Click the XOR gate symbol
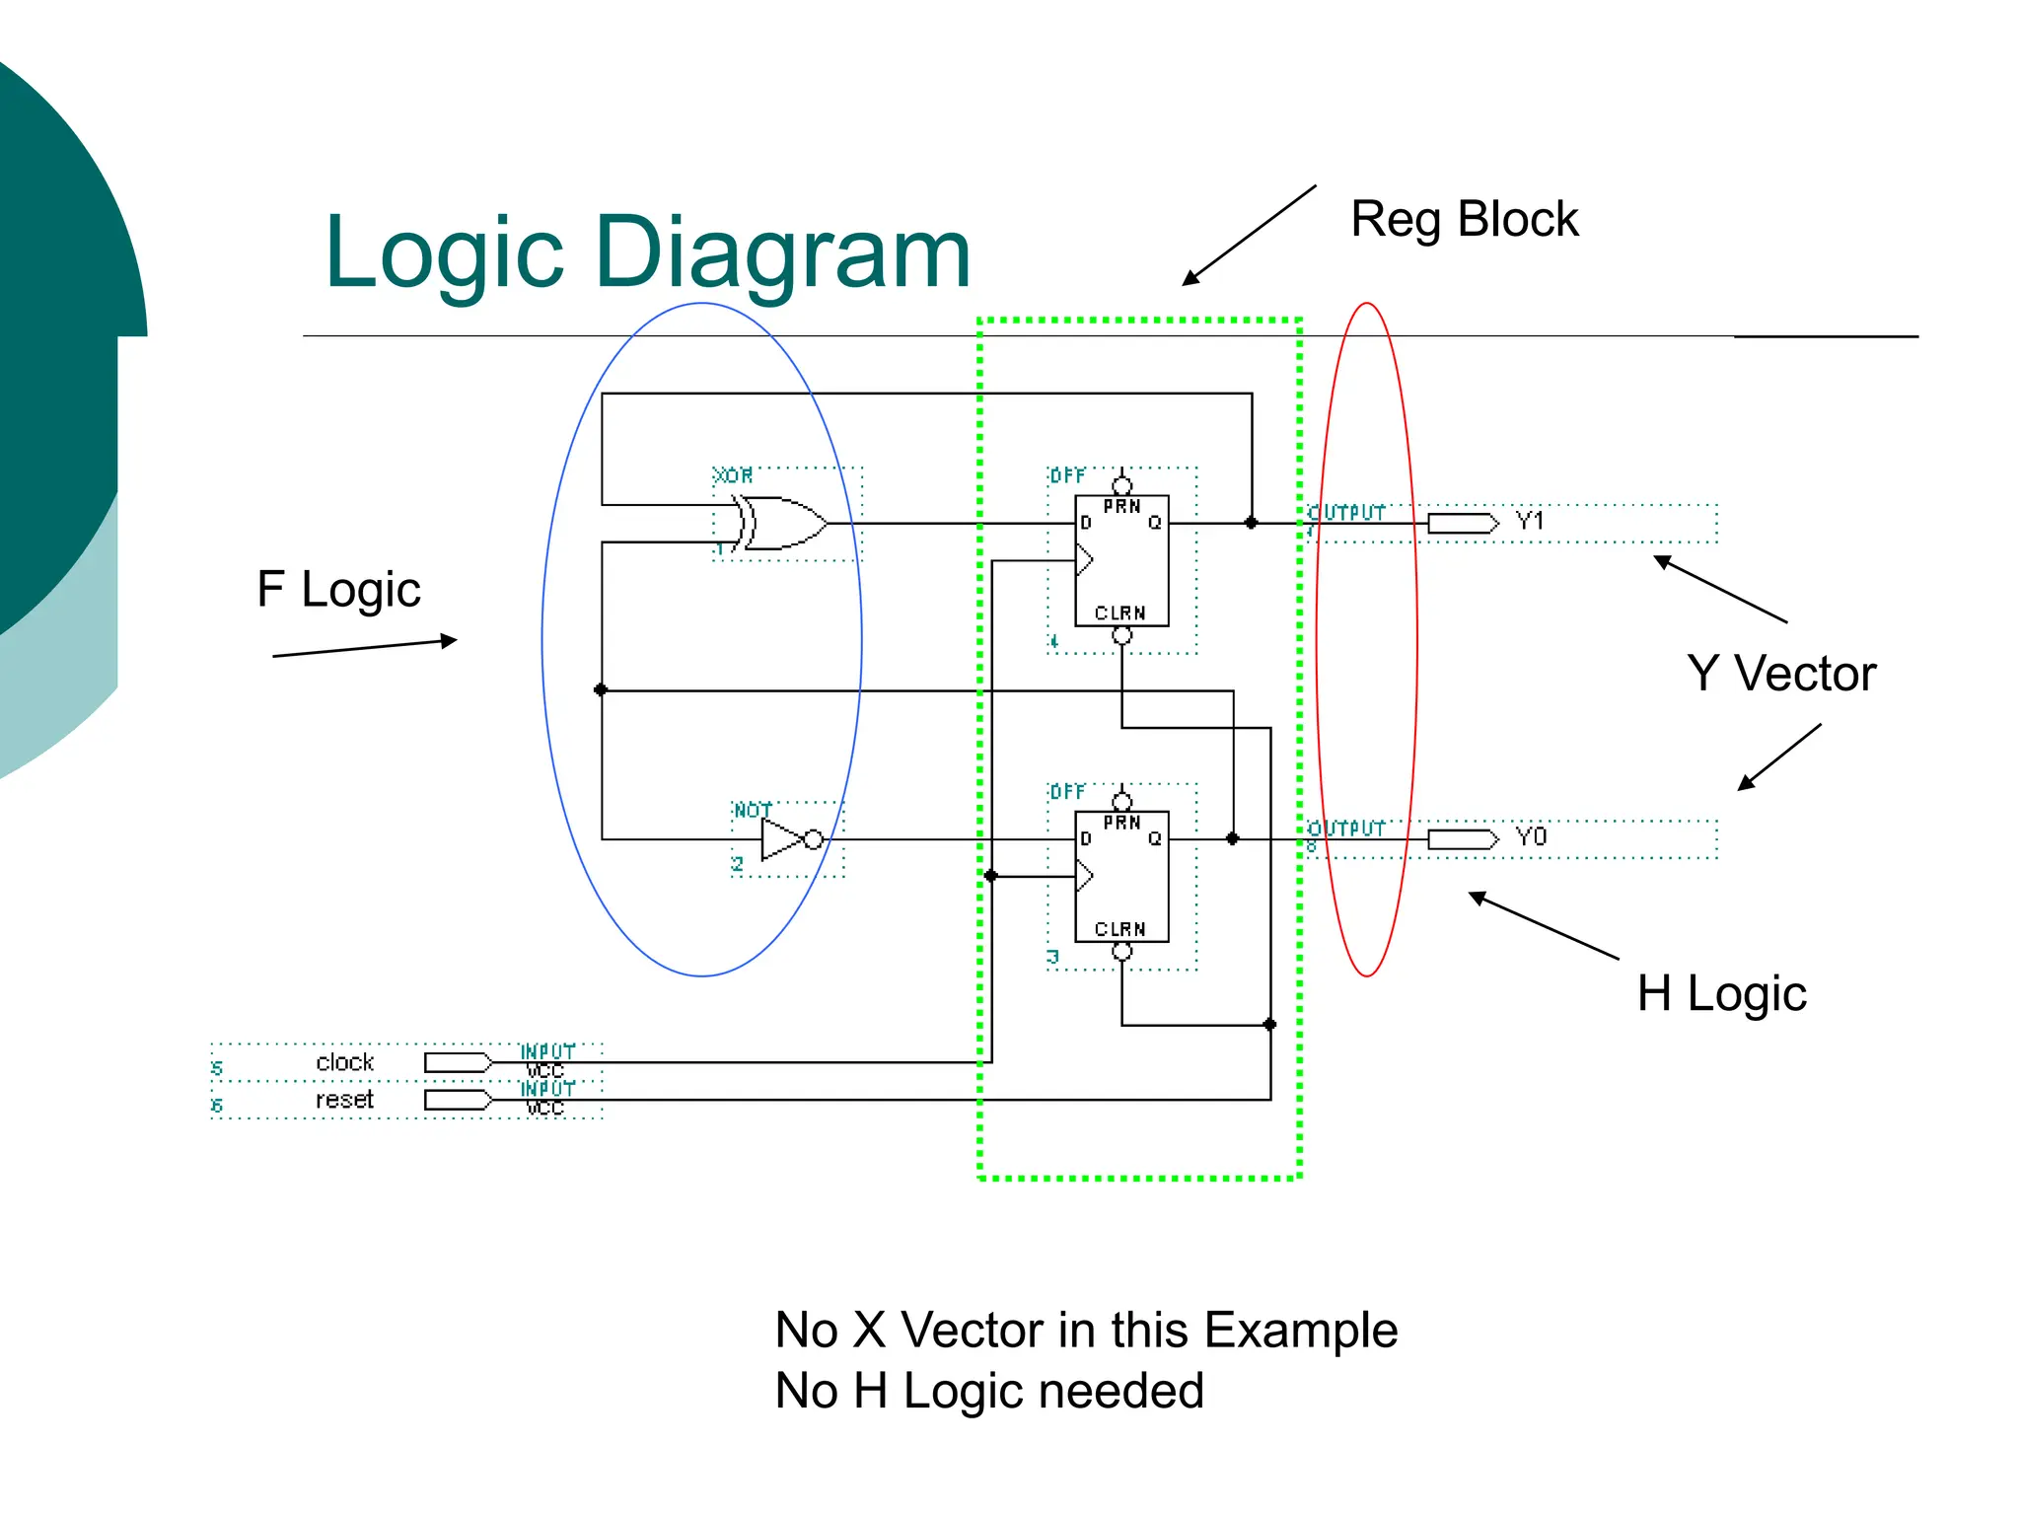784,523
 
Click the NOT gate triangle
783,839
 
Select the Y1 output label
1530,521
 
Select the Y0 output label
1531,837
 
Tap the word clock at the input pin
344,1062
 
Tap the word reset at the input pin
344,1100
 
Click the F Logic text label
338,590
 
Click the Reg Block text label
1464,219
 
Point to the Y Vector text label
1781,675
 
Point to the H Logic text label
1721,993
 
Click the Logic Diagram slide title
648,253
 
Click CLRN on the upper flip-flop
1120,613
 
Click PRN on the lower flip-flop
1121,823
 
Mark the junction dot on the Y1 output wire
1251,523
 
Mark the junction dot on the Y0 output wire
1232,838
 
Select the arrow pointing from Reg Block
1249,236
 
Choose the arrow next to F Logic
365,648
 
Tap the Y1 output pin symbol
1463,523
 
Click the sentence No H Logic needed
989,1392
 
